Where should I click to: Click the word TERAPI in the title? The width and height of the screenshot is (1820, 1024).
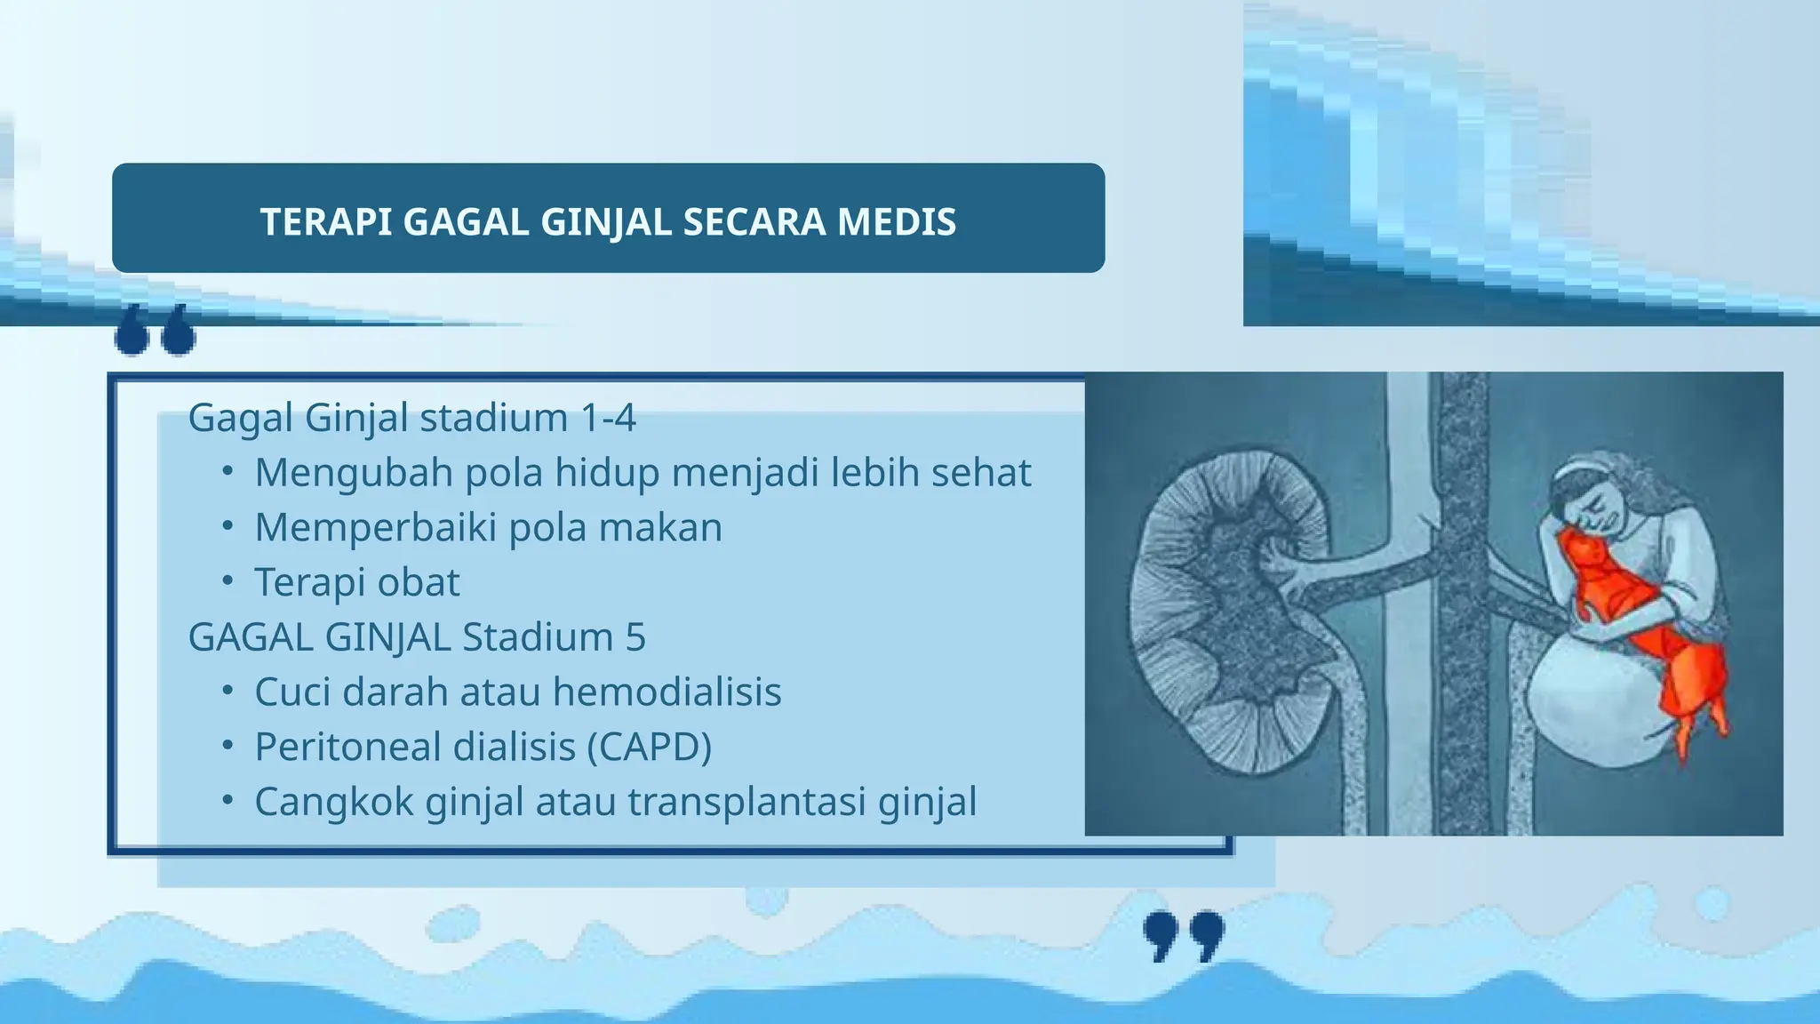[325, 222]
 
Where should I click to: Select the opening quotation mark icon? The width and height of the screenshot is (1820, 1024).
[156, 331]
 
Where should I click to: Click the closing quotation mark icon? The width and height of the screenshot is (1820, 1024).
[1183, 935]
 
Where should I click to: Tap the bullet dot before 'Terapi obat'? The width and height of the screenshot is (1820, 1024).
[227, 581]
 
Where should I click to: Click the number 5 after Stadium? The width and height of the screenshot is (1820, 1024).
[635, 637]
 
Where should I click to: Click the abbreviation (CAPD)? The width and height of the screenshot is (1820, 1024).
[650, 748]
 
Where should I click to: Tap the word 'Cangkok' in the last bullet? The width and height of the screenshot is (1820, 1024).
[334, 802]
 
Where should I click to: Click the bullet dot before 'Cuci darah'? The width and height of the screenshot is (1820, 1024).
[227, 692]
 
